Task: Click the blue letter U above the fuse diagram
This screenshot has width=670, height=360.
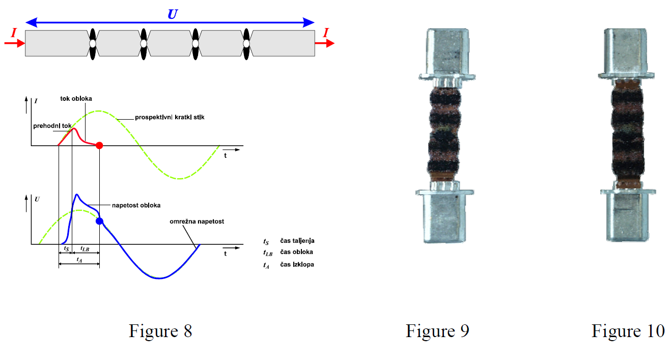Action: click(173, 14)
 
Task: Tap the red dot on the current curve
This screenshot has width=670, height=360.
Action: click(99, 146)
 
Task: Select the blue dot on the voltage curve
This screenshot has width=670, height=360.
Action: click(99, 221)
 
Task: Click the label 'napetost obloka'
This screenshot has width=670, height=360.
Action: click(136, 205)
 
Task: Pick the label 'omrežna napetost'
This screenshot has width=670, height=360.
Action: click(197, 221)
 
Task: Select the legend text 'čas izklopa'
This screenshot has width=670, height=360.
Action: click(297, 264)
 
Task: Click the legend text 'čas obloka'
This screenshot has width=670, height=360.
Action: click(296, 252)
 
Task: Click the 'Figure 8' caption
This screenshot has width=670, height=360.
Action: click(160, 331)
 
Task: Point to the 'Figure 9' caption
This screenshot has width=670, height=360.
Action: click(437, 331)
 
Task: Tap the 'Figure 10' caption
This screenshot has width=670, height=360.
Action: click(628, 331)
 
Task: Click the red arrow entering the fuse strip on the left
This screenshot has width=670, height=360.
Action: click(15, 43)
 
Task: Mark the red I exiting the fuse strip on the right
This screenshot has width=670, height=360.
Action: click(326, 34)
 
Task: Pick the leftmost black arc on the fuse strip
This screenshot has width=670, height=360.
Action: click(92, 44)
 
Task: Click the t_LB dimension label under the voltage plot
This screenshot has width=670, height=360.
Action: click(86, 250)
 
